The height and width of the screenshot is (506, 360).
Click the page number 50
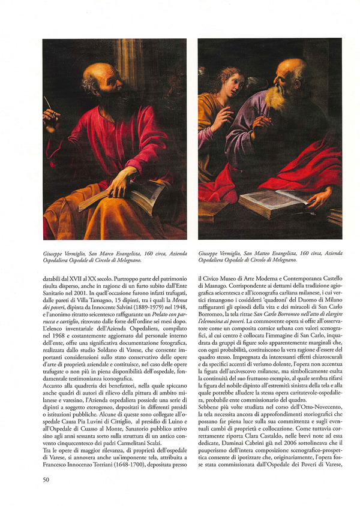pyautogui.click(x=46, y=479)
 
